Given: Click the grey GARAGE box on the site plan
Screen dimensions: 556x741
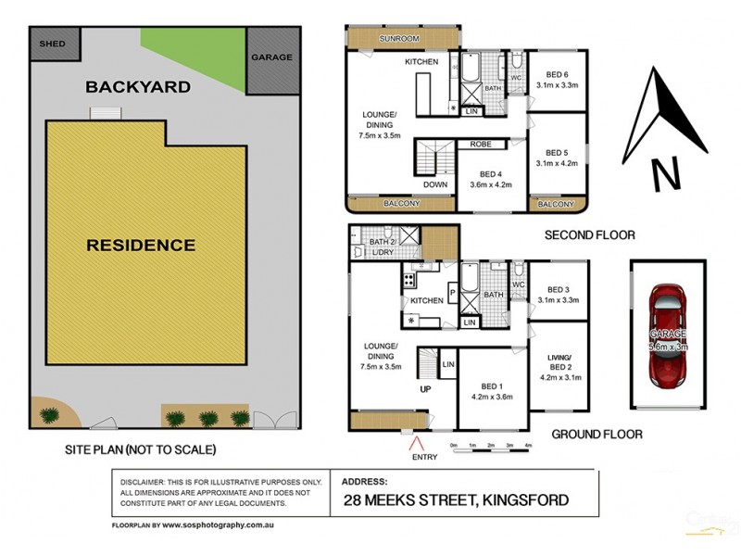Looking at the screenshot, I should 271,58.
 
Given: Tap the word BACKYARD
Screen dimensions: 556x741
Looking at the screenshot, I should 138,88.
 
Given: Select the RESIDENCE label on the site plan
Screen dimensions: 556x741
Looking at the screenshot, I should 141,246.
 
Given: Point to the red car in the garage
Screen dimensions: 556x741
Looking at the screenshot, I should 668,335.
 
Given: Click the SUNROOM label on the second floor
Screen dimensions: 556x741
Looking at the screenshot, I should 399,39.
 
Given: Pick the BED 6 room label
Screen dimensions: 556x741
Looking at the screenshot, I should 556,75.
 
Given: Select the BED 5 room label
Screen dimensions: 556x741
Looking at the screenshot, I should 556,153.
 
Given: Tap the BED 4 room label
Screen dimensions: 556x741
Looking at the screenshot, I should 491,173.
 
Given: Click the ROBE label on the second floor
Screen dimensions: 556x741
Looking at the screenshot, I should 480,145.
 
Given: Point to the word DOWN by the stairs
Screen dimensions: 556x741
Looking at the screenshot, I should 435,184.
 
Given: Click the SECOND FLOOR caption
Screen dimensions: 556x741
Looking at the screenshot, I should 589,235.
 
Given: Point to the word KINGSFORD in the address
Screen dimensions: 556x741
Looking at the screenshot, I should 523,501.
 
